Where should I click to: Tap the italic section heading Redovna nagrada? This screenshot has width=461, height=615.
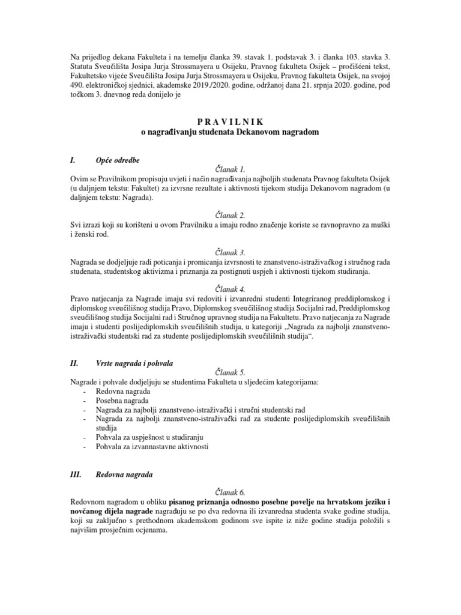(124, 474)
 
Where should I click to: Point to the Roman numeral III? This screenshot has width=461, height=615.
(76, 474)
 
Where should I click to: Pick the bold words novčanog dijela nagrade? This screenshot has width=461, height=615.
(112, 510)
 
